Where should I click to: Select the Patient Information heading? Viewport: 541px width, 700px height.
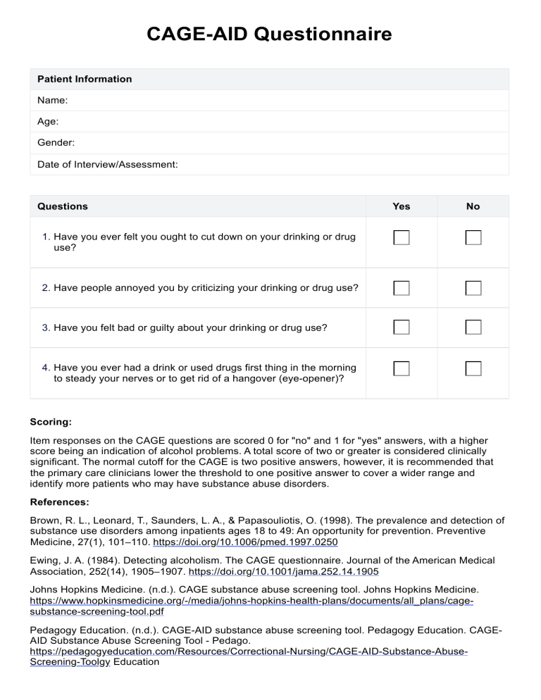[x=85, y=79]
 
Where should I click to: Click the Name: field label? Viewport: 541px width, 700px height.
[x=52, y=101]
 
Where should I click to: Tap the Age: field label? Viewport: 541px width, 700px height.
[x=48, y=122]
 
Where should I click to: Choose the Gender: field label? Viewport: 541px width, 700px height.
[x=56, y=143]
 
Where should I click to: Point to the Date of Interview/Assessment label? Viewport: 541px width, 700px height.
[x=107, y=164]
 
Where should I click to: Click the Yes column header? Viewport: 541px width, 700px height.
[x=401, y=206]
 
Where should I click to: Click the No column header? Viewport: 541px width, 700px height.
[x=473, y=206]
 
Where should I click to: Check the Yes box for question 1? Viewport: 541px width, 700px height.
[x=401, y=237]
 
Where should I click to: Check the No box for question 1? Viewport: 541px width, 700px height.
[x=473, y=237]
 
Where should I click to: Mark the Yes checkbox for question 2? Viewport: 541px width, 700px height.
[x=401, y=288]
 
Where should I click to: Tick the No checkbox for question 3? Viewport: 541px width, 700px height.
[x=473, y=327]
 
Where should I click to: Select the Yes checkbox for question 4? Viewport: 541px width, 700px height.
[x=401, y=368]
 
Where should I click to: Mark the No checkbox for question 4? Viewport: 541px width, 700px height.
[x=473, y=368]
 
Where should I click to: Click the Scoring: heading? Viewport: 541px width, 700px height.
[x=51, y=423]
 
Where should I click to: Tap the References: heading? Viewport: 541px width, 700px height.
[x=61, y=503]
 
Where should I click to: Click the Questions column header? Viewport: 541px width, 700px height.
[x=62, y=206]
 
